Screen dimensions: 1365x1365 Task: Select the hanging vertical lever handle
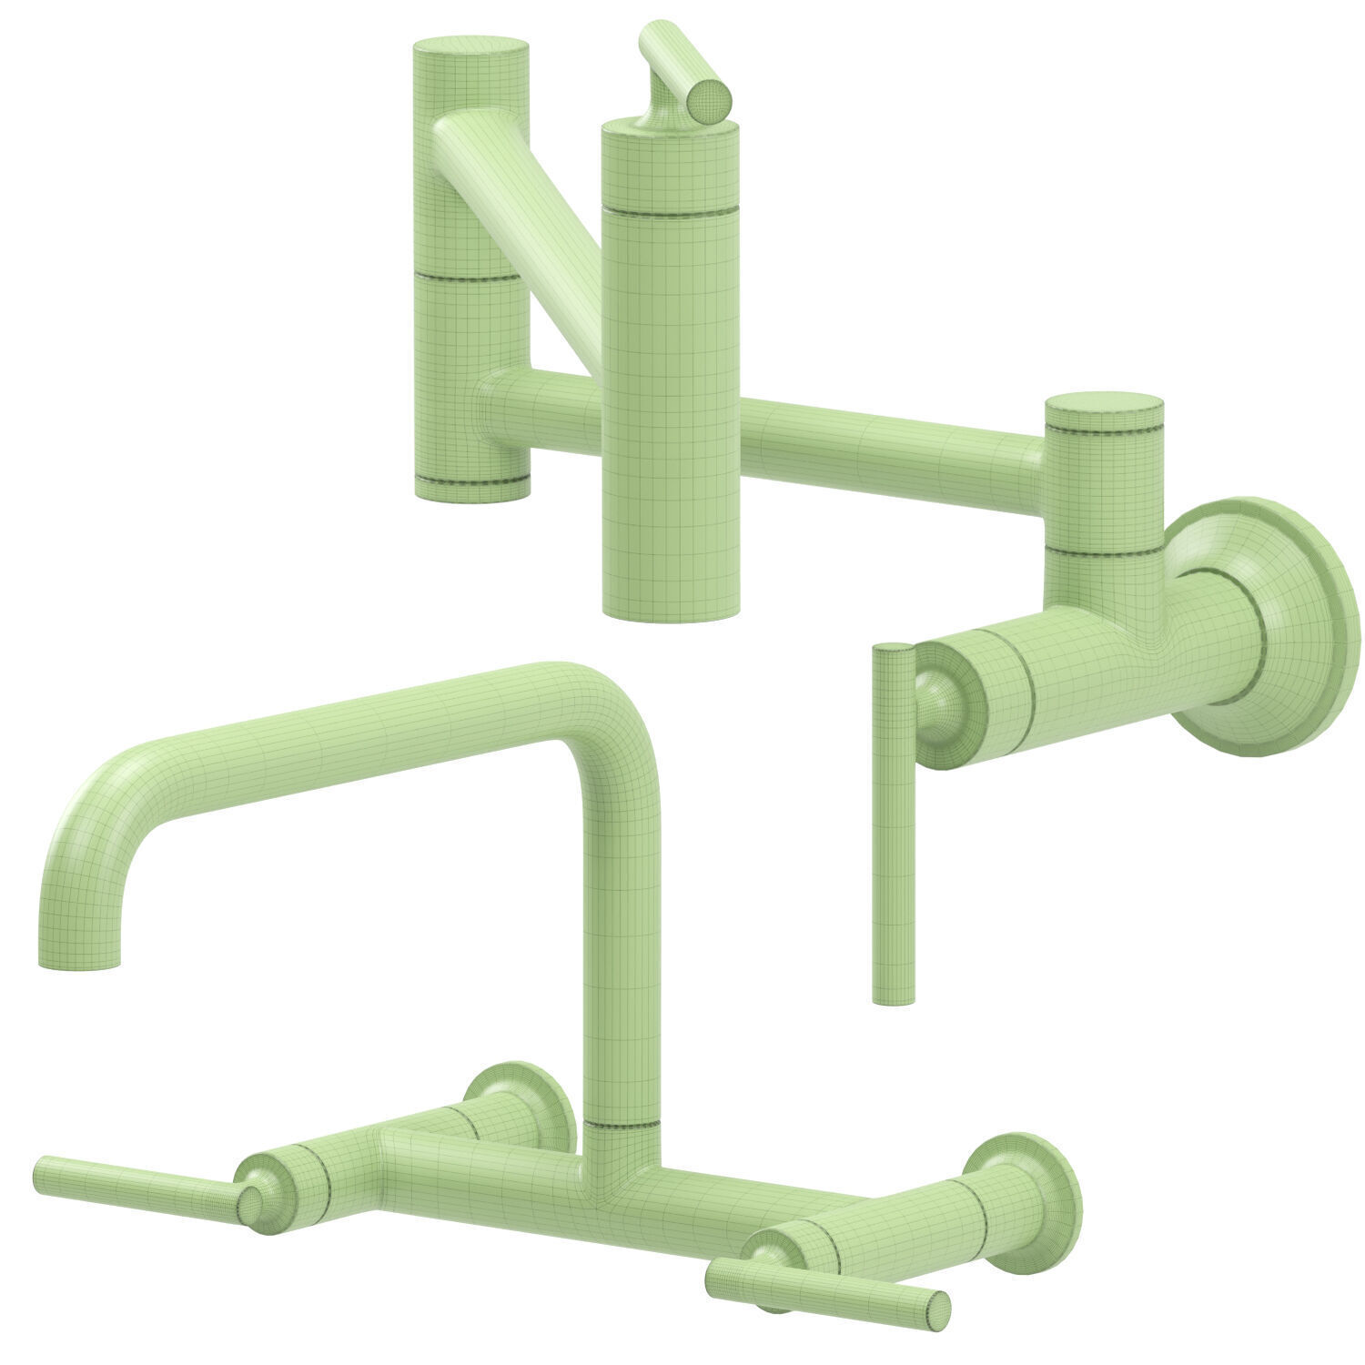[893, 819]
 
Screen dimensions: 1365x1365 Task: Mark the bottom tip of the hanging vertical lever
[893, 999]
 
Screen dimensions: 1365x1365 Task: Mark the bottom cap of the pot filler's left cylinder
[471, 487]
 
